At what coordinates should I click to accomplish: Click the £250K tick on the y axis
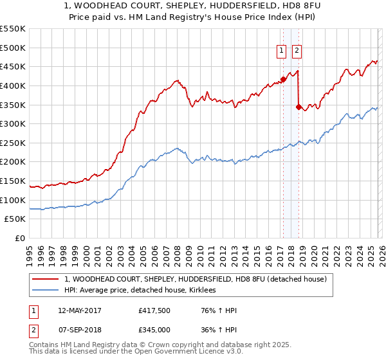[x=13, y=143]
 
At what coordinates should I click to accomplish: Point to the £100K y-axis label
[x=13, y=200]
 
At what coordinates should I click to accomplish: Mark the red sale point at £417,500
[x=283, y=79]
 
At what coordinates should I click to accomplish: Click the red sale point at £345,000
[x=298, y=107]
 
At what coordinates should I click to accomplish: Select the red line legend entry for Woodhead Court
[x=196, y=279]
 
